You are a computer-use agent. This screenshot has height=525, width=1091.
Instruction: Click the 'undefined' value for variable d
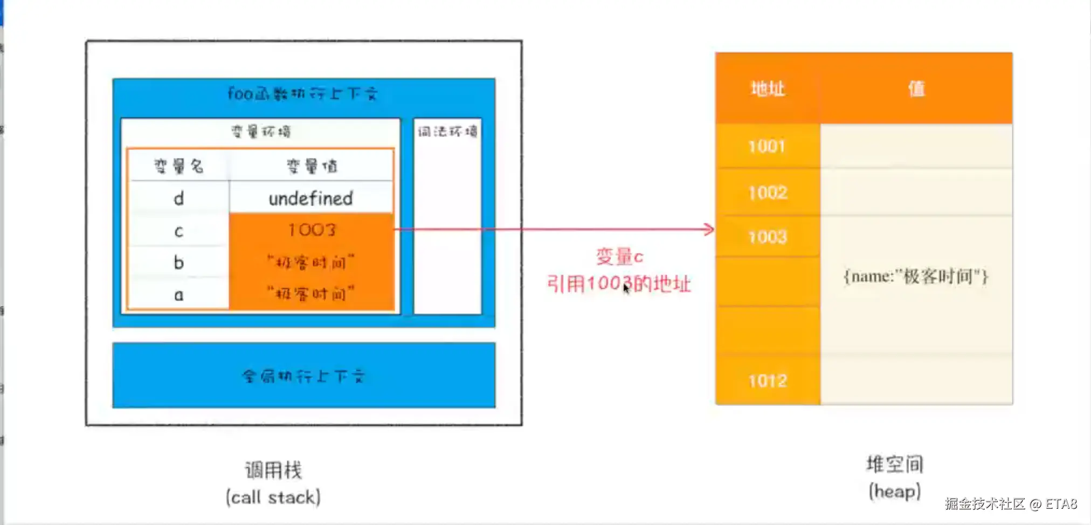[x=310, y=198]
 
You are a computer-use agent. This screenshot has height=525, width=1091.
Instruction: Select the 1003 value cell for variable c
[x=312, y=230]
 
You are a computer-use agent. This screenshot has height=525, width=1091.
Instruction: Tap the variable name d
[x=178, y=199]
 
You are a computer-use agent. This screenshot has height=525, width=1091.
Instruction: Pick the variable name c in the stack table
[x=178, y=231]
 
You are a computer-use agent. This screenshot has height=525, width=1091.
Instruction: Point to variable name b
[x=178, y=263]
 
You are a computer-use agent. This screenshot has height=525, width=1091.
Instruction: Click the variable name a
[x=178, y=295]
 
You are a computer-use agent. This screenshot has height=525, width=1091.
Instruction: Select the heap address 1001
[x=767, y=146]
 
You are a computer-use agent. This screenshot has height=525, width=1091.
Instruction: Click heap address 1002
[x=767, y=193]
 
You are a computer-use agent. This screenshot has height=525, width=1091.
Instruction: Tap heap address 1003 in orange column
[x=767, y=237]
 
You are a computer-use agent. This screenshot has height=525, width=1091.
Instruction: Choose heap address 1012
[x=767, y=381]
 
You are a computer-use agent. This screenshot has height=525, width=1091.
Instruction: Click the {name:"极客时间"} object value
[x=915, y=277]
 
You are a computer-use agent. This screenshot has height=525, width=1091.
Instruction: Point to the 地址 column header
[x=768, y=88]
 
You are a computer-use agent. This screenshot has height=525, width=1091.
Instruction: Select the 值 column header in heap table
[x=916, y=88]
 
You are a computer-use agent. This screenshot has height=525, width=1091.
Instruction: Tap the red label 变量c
[x=619, y=256]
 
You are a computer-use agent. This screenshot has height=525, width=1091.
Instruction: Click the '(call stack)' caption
[x=273, y=497]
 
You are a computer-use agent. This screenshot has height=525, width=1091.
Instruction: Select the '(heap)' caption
[x=894, y=492]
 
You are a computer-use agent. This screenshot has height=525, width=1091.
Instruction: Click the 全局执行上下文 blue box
[x=303, y=376]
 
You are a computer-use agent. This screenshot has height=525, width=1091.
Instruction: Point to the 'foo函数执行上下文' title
[x=302, y=94]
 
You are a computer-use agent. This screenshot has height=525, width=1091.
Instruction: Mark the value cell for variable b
[x=312, y=263]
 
